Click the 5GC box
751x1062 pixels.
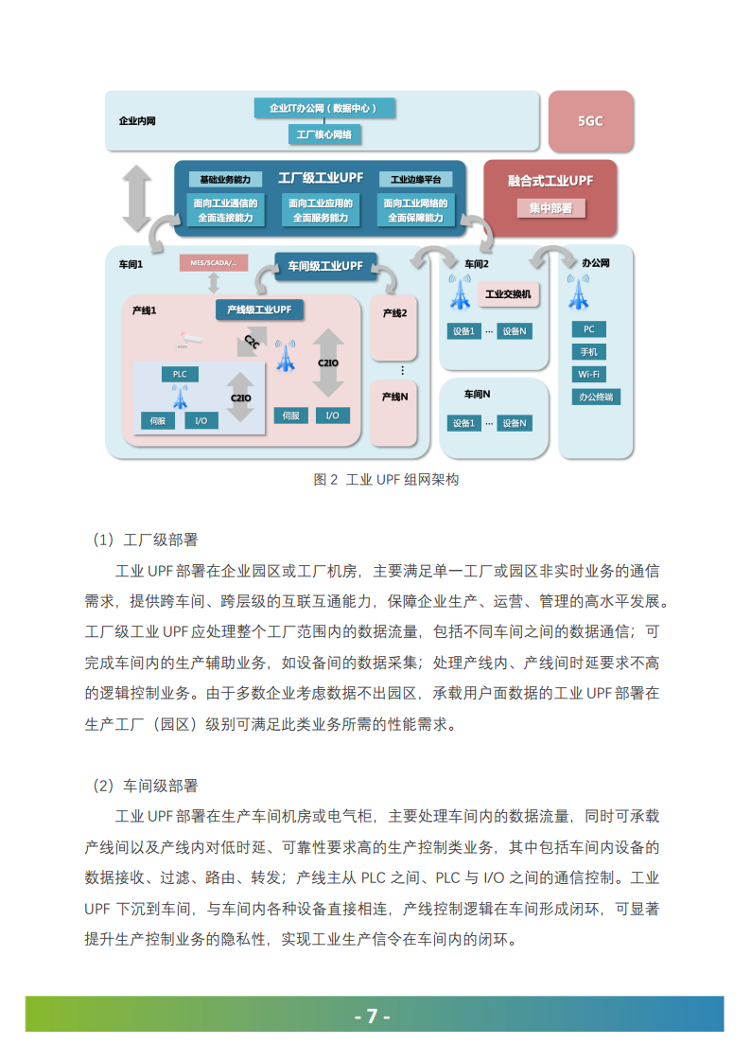(x=590, y=121)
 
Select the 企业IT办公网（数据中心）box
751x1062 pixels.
(x=323, y=108)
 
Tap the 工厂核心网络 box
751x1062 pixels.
(x=323, y=135)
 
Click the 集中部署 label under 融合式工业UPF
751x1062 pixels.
(x=550, y=207)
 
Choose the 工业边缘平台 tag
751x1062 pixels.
(x=415, y=179)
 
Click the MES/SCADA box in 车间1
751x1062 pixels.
(x=213, y=261)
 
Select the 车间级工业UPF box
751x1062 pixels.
(x=324, y=266)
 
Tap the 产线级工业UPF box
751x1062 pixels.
(x=259, y=310)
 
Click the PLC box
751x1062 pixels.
(x=179, y=375)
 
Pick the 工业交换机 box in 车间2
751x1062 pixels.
(x=507, y=294)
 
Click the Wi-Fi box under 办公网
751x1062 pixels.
(x=588, y=374)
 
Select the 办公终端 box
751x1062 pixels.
(x=595, y=397)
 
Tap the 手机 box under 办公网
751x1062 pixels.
(x=588, y=352)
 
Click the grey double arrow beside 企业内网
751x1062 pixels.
(x=137, y=197)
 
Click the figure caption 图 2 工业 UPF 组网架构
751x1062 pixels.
(x=385, y=480)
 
